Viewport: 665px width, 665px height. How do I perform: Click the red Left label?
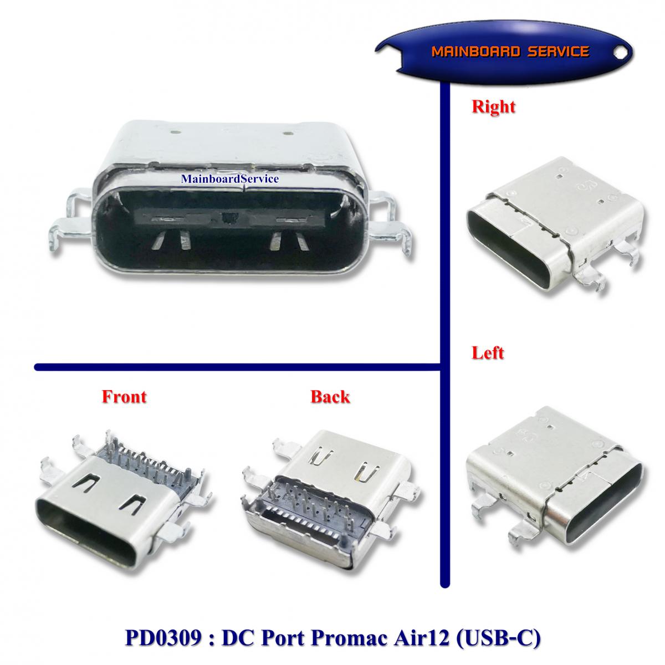pyautogui.click(x=487, y=352)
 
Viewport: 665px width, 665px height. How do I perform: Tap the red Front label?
pyautogui.click(x=124, y=397)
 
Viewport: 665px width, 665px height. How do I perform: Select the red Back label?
pyautogui.click(x=330, y=397)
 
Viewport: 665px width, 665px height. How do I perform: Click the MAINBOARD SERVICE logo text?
pyautogui.click(x=510, y=52)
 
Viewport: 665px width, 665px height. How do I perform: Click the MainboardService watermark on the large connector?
pyautogui.click(x=229, y=179)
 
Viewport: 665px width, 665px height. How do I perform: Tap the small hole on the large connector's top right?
pyautogui.click(x=287, y=133)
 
